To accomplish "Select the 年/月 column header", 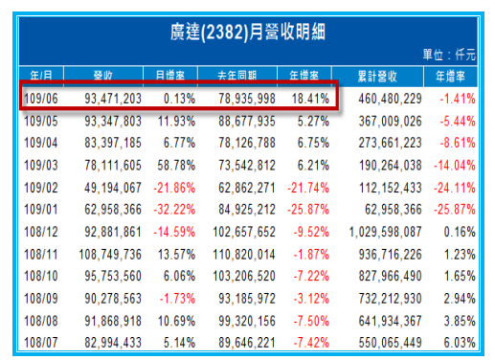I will point(41,73).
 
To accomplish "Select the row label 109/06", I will point(42,99).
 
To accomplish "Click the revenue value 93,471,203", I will point(112,99).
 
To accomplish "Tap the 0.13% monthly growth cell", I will point(179,99).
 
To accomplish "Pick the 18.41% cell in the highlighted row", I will point(309,99).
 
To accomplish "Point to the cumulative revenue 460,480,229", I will point(388,99).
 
